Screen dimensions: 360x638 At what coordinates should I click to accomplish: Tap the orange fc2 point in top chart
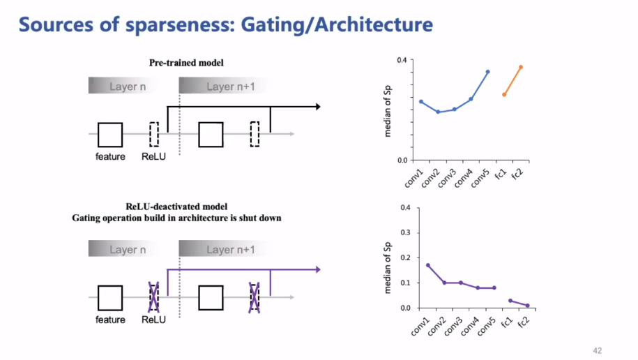[x=521, y=67]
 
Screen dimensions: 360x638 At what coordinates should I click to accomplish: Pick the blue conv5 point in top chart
[x=487, y=71]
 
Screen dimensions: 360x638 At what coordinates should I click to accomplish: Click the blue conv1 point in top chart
[x=421, y=101]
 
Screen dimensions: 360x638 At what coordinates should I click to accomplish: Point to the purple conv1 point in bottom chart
[x=427, y=265]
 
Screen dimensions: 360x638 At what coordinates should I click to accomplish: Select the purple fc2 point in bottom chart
[x=527, y=306]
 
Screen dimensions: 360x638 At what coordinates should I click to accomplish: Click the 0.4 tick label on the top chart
[x=402, y=60]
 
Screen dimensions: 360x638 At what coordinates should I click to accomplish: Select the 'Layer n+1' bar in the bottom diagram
[x=230, y=250]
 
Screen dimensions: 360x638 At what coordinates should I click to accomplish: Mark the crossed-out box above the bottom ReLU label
[x=154, y=297]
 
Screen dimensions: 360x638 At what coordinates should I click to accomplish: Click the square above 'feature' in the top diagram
[x=110, y=135]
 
